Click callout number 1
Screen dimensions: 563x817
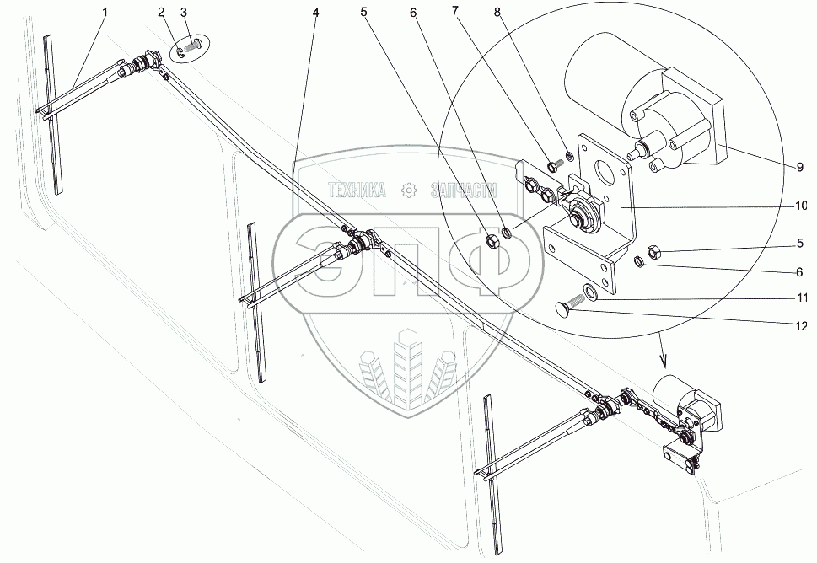tap(106, 13)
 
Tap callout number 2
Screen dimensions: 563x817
tap(161, 13)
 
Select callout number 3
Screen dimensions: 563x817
tap(184, 13)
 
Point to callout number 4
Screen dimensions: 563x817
tap(315, 13)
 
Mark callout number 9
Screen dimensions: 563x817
tap(799, 167)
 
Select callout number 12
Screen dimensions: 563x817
tap(799, 326)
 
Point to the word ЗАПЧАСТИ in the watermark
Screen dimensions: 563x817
tap(465, 190)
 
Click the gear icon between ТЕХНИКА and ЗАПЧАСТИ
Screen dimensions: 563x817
tap(409, 190)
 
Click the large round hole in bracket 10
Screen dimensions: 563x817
tap(605, 169)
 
